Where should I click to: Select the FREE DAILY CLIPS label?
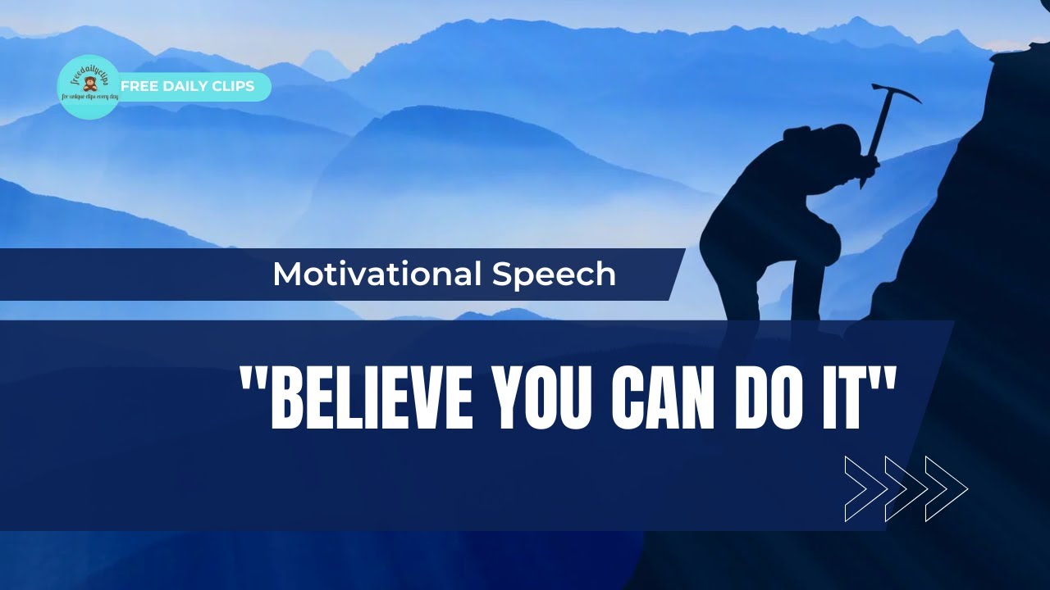tap(188, 86)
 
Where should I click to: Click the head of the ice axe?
tap(894, 92)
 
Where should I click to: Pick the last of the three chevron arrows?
tap(947, 489)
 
